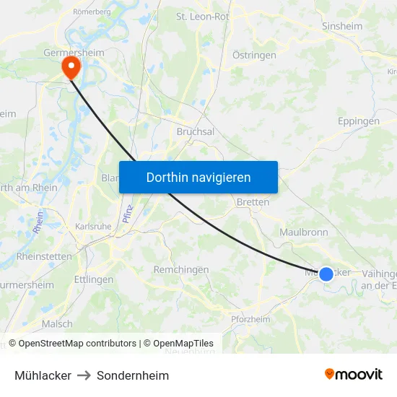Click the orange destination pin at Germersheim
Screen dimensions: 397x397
pos(71,68)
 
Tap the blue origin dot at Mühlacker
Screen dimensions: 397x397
pos(326,274)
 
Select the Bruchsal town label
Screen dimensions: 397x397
pos(196,132)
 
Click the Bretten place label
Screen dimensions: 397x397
pos(253,203)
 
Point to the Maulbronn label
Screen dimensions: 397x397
pos(304,232)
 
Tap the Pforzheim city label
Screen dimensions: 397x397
pos(250,319)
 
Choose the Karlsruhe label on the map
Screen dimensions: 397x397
pos(93,226)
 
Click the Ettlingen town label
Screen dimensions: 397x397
pos(94,279)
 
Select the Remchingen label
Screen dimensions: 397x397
pos(181,269)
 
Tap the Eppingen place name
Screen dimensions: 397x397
pos(358,121)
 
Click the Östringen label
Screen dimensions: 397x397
pos(254,55)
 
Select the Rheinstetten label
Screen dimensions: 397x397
pos(44,256)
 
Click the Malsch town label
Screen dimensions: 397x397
pos(57,324)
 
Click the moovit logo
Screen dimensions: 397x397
pos(354,375)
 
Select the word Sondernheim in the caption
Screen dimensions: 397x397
pos(133,375)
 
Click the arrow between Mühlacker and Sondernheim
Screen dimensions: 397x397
pos(84,375)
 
